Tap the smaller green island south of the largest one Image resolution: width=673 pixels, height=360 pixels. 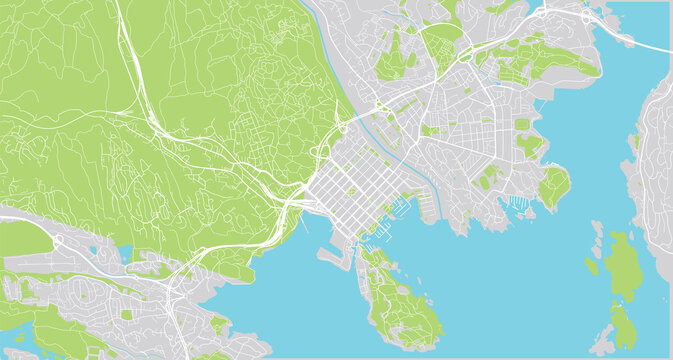623,326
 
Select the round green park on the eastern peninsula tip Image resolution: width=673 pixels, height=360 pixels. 553,185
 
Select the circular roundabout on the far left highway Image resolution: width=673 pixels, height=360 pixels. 60,243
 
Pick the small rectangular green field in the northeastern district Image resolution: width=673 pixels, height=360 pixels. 522,125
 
